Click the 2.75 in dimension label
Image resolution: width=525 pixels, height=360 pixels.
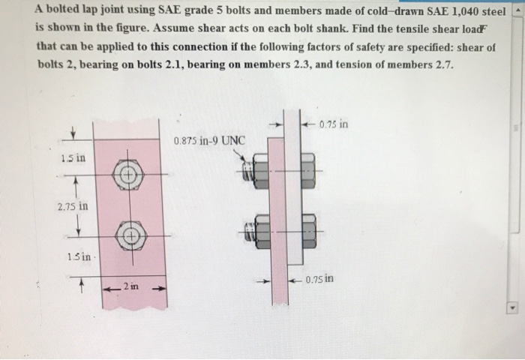click(x=73, y=204)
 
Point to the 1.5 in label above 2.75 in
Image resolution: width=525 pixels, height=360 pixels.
click(x=73, y=159)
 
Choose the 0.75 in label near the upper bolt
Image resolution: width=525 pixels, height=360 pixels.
click(x=333, y=124)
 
